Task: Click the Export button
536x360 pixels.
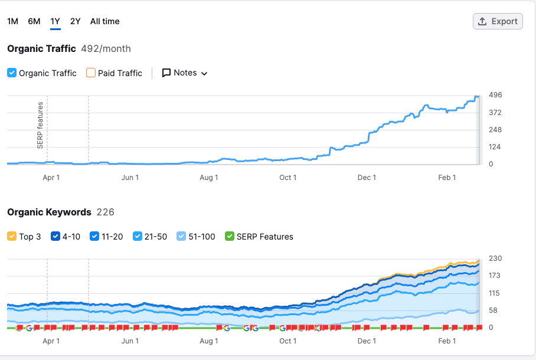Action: tap(498, 21)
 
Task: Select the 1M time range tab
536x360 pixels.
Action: tap(12, 21)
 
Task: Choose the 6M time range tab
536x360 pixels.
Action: tap(34, 21)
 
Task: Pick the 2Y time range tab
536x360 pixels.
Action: tap(75, 21)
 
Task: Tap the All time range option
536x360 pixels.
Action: tap(105, 21)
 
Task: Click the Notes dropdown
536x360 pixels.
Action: tap(185, 73)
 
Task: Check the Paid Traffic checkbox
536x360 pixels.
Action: tap(91, 73)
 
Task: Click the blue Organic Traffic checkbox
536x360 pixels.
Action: tap(12, 73)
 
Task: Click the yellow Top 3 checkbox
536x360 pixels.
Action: tap(12, 237)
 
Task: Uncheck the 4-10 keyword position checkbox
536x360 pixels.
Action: tap(56, 237)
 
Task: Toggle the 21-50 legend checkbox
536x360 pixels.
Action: tap(138, 237)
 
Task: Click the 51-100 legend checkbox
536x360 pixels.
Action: tap(182, 237)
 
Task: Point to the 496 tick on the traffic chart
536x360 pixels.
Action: tap(495, 95)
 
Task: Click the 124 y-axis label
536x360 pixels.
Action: tap(495, 146)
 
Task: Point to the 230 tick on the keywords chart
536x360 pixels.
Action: tap(495, 258)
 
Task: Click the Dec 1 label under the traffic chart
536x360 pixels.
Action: tap(367, 178)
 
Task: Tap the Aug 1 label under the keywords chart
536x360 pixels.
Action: tap(209, 341)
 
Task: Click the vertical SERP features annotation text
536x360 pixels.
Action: tap(40, 125)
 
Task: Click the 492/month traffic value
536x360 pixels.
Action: tap(106, 48)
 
